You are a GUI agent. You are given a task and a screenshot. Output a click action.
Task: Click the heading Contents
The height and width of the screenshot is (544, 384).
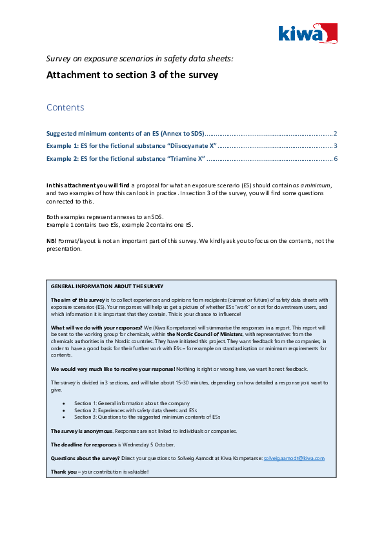tap(65, 107)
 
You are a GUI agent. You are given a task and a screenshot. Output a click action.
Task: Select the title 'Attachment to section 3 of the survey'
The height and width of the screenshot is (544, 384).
tap(132, 75)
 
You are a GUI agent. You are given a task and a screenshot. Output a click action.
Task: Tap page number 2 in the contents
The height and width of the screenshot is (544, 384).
tap(336, 133)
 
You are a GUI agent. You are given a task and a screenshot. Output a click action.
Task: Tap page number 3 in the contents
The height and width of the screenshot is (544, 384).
tap(336, 146)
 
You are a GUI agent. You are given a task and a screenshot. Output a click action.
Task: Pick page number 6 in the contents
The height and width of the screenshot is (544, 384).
tap(336, 159)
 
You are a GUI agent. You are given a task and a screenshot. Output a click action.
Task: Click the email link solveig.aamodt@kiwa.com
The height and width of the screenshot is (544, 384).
tap(294, 458)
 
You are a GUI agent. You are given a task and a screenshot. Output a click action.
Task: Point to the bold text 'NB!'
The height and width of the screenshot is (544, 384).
tap(52, 241)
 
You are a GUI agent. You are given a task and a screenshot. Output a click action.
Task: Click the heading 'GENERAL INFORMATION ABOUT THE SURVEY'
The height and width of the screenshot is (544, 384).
tap(107, 286)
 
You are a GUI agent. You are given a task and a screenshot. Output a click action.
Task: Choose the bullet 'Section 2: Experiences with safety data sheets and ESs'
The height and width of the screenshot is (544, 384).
tap(136, 410)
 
